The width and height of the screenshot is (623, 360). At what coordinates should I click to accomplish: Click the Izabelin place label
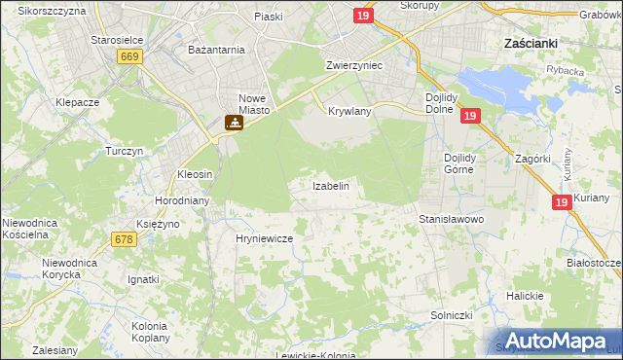[x=330, y=185]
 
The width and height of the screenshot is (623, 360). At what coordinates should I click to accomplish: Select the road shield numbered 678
[x=123, y=239]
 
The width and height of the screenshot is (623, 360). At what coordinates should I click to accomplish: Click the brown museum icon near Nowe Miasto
[x=233, y=124]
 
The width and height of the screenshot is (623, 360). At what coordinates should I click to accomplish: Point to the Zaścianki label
[x=529, y=44]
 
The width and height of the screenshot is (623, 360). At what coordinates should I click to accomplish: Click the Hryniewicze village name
[x=264, y=237]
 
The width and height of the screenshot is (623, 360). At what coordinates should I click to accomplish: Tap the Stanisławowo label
[x=452, y=220]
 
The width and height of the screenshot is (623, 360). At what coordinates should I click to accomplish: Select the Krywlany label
[x=349, y=112]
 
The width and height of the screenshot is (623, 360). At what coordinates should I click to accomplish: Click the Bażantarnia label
[x=216, y=49]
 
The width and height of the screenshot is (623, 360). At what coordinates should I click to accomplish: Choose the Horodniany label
[x=178, y=201]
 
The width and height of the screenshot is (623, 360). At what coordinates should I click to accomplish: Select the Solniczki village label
[x=452, y=316]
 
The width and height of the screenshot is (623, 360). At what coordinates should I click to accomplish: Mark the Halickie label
[x=524, y=296]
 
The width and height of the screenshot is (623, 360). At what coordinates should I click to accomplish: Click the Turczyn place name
[x=125, y=152]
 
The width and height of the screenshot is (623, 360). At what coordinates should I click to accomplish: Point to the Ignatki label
[x=143, y=279]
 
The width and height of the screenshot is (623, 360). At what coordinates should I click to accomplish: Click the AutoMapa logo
[x=556, y=341]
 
